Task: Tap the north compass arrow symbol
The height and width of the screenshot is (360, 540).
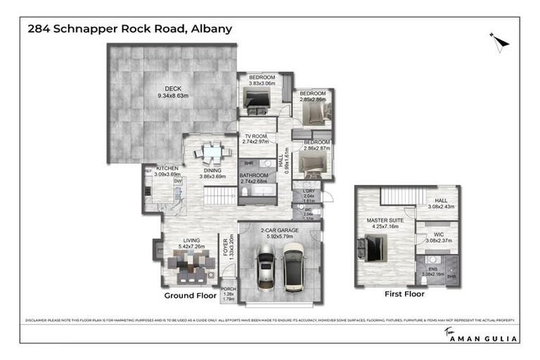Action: (499, 42)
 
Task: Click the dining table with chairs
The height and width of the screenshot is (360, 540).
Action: (212, 151)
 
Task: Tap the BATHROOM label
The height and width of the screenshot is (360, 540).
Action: (253, 177)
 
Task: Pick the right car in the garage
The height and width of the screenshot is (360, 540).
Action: (293, 267)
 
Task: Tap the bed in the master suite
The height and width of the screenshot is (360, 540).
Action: (373, 247)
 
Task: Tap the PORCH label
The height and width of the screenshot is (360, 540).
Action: (228, 290)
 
